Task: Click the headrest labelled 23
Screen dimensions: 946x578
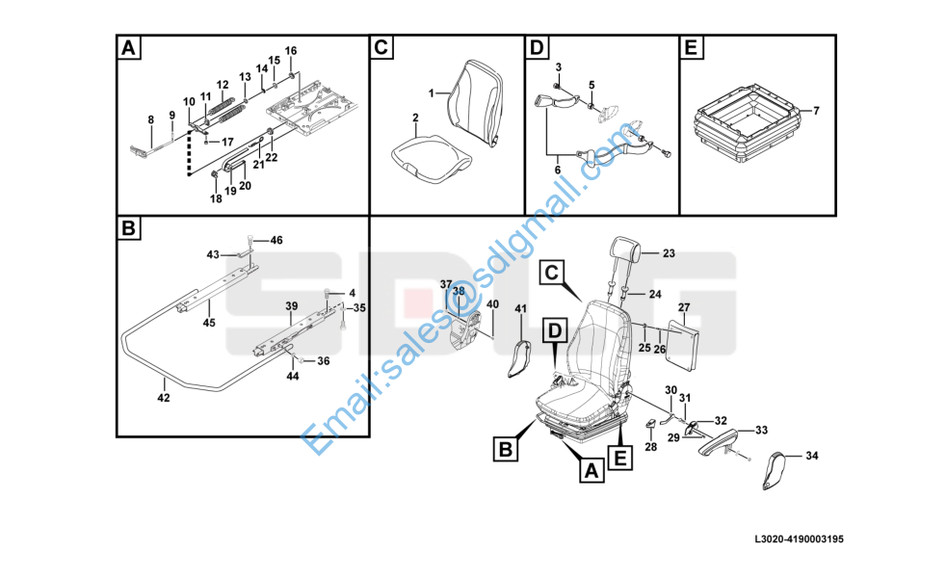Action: coord(624,249)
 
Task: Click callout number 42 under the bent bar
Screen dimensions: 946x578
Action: coord(164,398)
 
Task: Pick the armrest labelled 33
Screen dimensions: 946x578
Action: coord(720,440)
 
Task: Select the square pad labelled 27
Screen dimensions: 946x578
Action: coord(681,343)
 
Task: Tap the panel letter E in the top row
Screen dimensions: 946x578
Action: coord(692,47)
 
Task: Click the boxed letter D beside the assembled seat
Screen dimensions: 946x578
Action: coord(555,330)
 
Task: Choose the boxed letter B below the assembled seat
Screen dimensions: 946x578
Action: coord(506,449)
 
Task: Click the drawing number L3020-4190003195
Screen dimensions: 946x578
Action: coord(799,539)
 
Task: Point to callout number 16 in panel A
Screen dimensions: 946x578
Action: coord(291,51)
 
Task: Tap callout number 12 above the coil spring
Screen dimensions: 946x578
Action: coord(223,85)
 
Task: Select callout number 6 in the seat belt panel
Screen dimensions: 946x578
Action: coord(558,171)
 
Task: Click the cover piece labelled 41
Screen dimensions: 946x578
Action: coord(519,359)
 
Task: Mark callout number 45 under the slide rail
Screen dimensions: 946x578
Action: coord(209,323)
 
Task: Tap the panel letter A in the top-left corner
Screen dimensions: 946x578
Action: coord(128,47)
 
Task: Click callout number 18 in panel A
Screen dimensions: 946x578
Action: coord(216,198)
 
